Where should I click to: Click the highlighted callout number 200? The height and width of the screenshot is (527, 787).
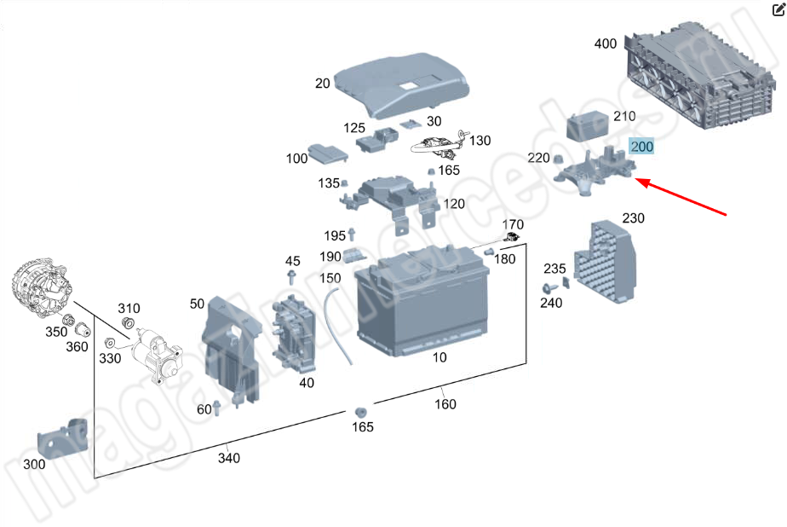pyautogui.click(x=641, y=147)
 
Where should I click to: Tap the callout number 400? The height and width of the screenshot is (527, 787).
pyautogui.click(x=606, y=43)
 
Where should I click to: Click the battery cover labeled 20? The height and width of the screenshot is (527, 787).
pyautogui.click(x=401, y=85)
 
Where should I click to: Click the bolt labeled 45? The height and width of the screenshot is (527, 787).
pyautogui.click(x=292, y=279)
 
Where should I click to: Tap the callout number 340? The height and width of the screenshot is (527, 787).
pyautogui.click(x=228, y=458)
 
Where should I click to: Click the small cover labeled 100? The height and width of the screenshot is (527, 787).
pyautogui.click(x=326, y=153)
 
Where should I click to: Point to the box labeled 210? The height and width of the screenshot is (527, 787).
pyautogui.click(x=588, y=127)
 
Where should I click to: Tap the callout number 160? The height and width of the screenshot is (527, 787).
pyautogui.click(x=445, y=403)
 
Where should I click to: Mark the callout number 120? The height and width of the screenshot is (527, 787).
pyautogui.click(x=454, y=204)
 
